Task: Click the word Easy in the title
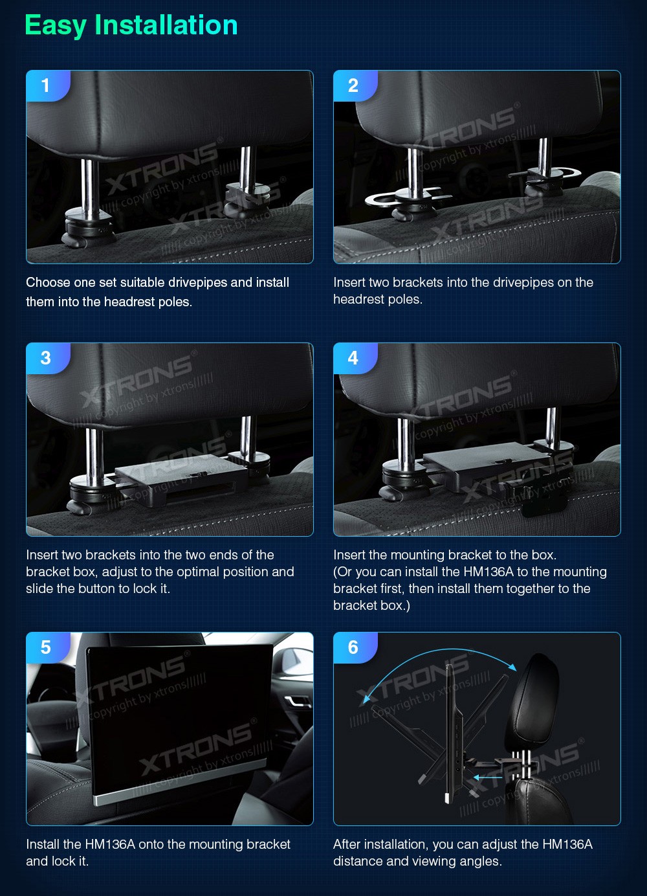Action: (56, 26)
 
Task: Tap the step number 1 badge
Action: (48, 85)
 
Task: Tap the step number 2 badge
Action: (355, 85)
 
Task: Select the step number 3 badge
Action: (48, 358)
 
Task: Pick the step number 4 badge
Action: (355, 358)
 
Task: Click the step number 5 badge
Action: (48, 647)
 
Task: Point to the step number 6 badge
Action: (355, 647)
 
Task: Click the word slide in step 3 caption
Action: (38, 588)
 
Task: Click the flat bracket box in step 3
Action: (182, 478)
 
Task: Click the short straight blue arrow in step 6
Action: (487, 778)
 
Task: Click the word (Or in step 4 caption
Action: (343, 572)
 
